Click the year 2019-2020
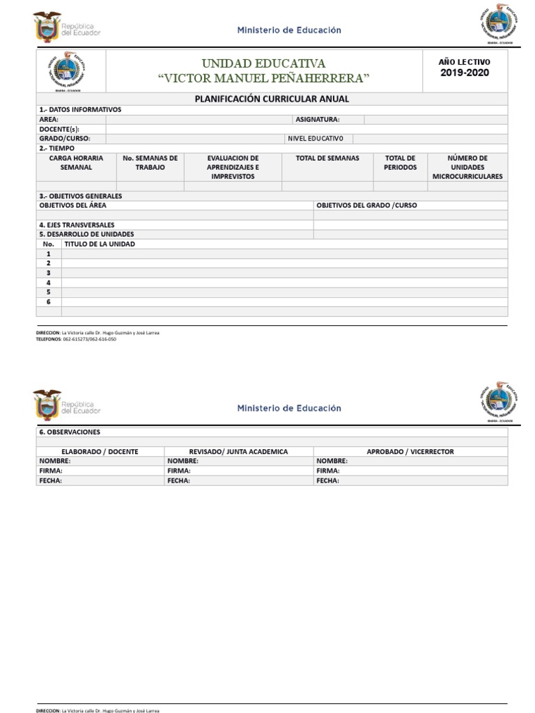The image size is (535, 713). [465, 73]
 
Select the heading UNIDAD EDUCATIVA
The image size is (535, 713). [263, 64]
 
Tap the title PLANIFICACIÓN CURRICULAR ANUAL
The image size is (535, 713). [272, 99]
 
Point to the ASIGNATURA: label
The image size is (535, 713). [317, 119]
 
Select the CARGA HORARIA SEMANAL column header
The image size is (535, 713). [76, 163]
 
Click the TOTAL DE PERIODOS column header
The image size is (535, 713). [400, 163]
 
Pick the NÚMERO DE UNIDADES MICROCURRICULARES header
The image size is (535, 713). [467, 167]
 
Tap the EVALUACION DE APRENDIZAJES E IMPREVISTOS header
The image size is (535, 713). [233, 167]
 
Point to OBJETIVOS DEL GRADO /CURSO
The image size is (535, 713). [366, 205]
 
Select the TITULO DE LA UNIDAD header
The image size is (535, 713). [100, 244]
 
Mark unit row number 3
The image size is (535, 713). [48, 273]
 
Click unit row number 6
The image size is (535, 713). [48, 301]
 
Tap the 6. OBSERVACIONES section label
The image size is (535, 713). [70, 432]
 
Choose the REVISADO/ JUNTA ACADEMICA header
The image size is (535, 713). [238, 451]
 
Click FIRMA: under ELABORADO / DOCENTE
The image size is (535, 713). [49, 471]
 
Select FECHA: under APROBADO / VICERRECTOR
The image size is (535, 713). [327, 480]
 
